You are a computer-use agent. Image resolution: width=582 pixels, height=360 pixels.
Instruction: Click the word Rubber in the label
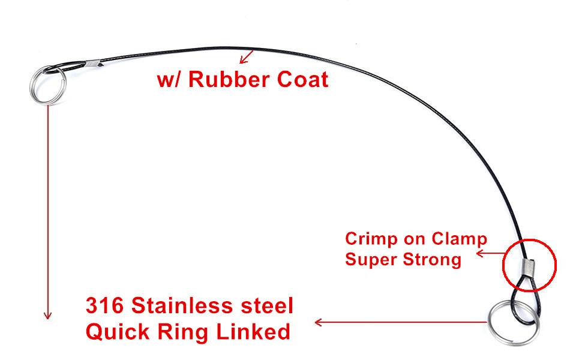(x=226, y=80)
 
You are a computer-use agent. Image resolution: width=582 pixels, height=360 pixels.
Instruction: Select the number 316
(x=106, y=306)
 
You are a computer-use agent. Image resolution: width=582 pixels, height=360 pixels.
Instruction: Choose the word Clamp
(x=460, y=239)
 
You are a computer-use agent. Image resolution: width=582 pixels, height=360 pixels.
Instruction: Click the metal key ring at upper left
(x=47, y=85)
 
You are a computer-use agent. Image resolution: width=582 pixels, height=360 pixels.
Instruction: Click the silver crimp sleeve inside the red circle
(x=527, y=264)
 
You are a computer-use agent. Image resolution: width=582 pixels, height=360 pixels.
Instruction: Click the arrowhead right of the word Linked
(x=319, y=322)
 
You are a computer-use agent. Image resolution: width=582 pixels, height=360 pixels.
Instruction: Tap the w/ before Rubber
(x=169, y=80)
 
